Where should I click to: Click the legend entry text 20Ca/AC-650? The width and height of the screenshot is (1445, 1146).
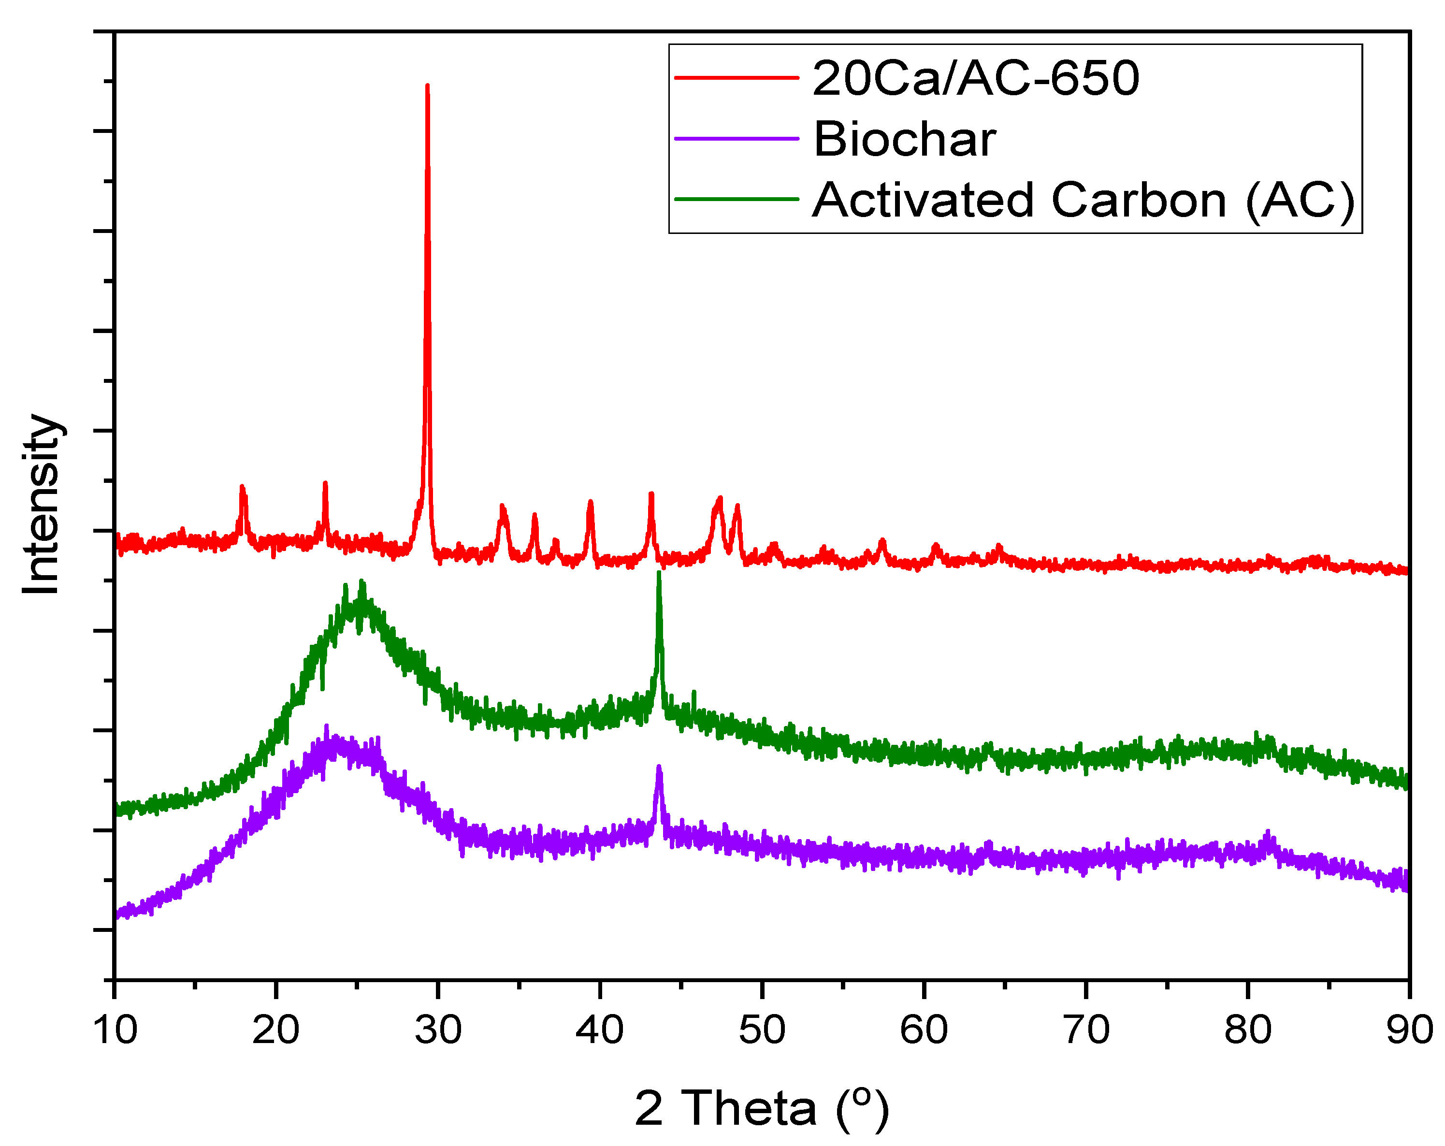click(x=975, y=78)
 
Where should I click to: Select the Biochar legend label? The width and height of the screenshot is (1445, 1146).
click(x=904, y=139)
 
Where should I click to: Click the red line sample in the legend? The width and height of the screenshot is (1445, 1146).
click(x=736, y=78)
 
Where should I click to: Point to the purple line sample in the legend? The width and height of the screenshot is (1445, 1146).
click(x=736, y=139)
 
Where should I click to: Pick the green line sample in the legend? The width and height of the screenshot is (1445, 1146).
click(x=736, y=199)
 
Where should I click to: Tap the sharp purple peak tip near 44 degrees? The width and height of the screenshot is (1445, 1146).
click(x=659, y=767)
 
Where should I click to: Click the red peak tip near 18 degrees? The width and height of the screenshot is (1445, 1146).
click(x=242, y=487)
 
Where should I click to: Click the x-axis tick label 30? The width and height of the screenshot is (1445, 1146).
click(x=438, y=1030)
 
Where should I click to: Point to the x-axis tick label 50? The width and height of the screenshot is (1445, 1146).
click(x=762, y=1030)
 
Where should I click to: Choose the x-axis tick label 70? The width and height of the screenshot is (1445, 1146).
click(x=1086, y=1030)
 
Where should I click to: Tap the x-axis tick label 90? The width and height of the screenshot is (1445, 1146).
click(x=1409, y=1030)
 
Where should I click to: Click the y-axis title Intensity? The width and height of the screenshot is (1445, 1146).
click(x=42, y=504)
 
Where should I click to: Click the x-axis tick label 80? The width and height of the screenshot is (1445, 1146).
click(x=1248, y=1030)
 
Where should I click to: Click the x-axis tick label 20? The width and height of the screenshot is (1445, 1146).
click(x=276, y=1030)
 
